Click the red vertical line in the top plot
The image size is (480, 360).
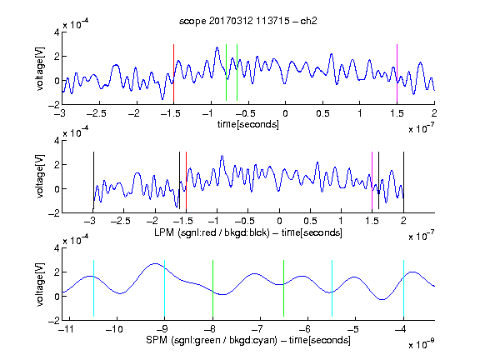pyautogui.click(x=173, y=72)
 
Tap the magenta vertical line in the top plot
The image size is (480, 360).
pyautogui.click(x=397, y=72)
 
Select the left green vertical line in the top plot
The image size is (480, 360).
pyautogui.click(x=226, y=72)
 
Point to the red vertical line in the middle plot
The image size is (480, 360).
pyautogui.click(x=186, y=180)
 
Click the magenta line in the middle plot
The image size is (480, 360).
pyautogui.click(x=372, y=180)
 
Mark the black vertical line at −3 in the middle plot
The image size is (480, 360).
pyautogui.click(x=93, y=180)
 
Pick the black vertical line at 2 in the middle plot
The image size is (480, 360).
pyautogui.click(x=403, y=180)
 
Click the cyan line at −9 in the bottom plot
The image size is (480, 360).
pyautogui.click(x=165, y=288)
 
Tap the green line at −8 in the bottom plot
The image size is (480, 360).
pyautogui.click(x=212, y=288)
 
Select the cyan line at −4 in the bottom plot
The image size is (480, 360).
pyautogui.click(x=404, y=288)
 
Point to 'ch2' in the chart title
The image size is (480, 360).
pyautogui.click(x=308, y=21)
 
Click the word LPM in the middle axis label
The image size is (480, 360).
pyautogui.click(x=164, y=232)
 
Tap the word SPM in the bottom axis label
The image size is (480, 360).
pyautogui.click(x=157, y=340)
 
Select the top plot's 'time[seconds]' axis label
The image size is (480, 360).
pyautogui.click(x=248, y=124)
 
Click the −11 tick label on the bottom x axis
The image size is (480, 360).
pyautogui.click(x=67, y=329)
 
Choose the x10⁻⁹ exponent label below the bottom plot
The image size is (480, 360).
pyautogui.click(x=422, y=344)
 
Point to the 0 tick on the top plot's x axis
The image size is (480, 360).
pyautogui.click(x=285, y=113)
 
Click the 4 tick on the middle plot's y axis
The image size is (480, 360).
pyautogui.click(x=57, y=141)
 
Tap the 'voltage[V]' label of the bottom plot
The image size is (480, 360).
pyautogui.click(x=40, y=284)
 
